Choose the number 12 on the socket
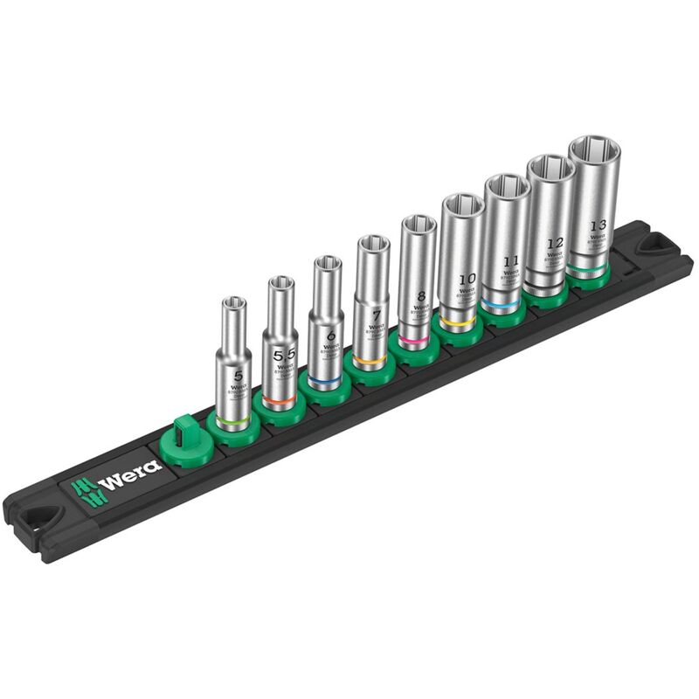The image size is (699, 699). [553, 244]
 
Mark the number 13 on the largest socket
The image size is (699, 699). [598, 223]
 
